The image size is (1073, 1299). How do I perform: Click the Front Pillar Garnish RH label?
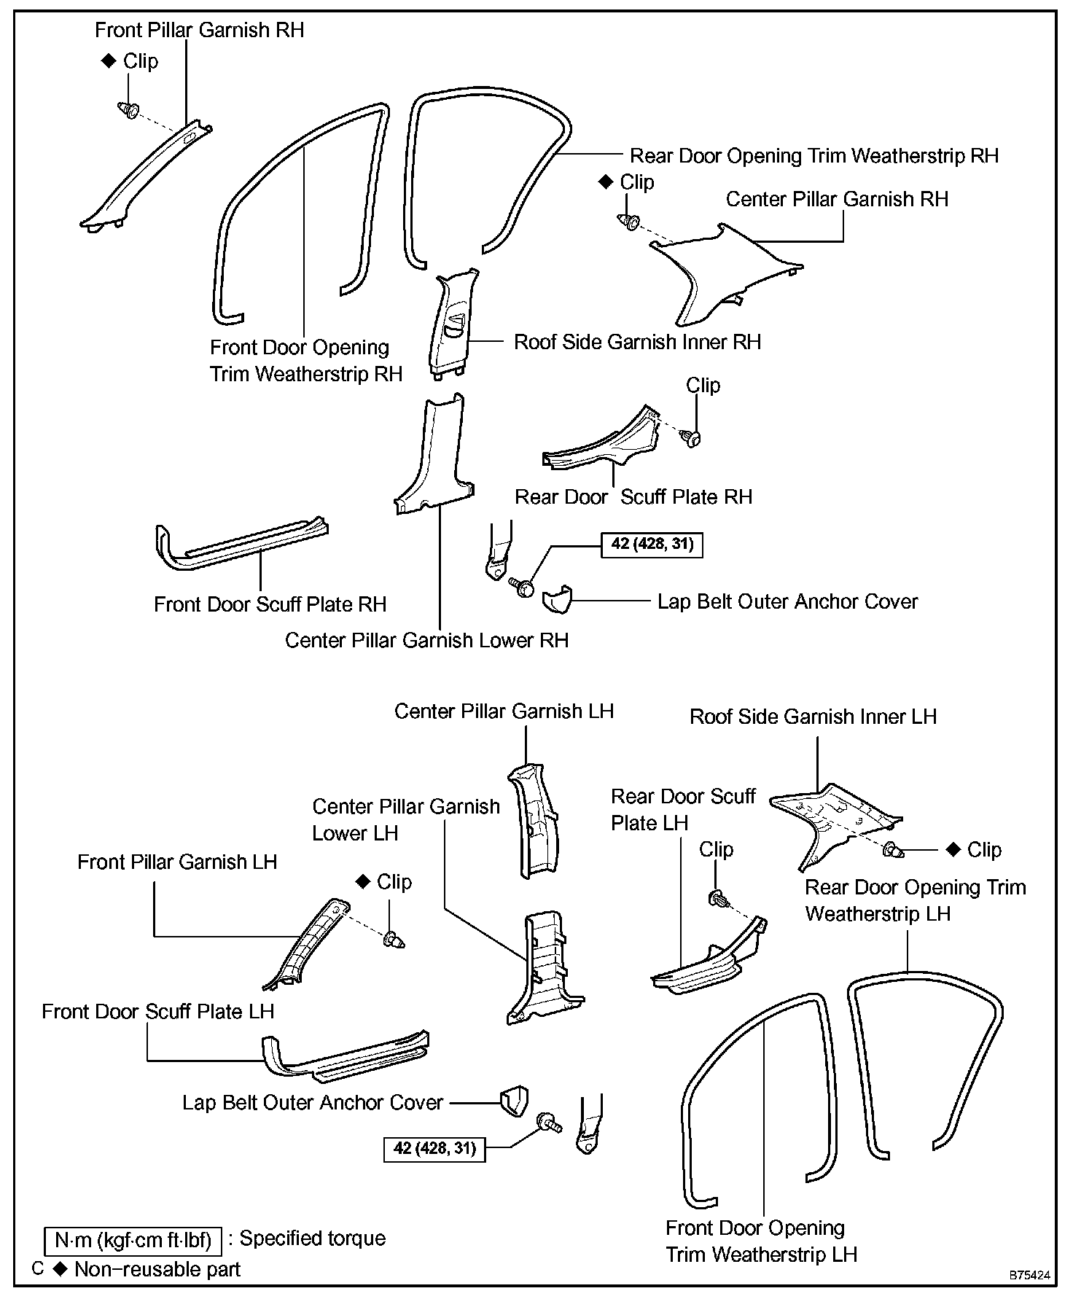[199, 31]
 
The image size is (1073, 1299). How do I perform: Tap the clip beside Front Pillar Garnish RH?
[130, 110]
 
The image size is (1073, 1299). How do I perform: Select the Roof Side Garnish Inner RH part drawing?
[454, 323]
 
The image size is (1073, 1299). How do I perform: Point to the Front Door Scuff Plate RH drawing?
[241, 544]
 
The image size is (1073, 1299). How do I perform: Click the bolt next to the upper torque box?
[523, 586]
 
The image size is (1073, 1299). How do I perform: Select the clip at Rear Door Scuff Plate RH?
[691, 437]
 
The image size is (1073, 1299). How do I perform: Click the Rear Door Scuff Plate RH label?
[633, 497]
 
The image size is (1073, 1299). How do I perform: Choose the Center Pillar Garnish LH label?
[504, 711]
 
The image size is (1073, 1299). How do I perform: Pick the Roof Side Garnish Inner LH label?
[813, 717]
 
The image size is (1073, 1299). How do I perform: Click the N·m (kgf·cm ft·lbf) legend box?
[133, 1240]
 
